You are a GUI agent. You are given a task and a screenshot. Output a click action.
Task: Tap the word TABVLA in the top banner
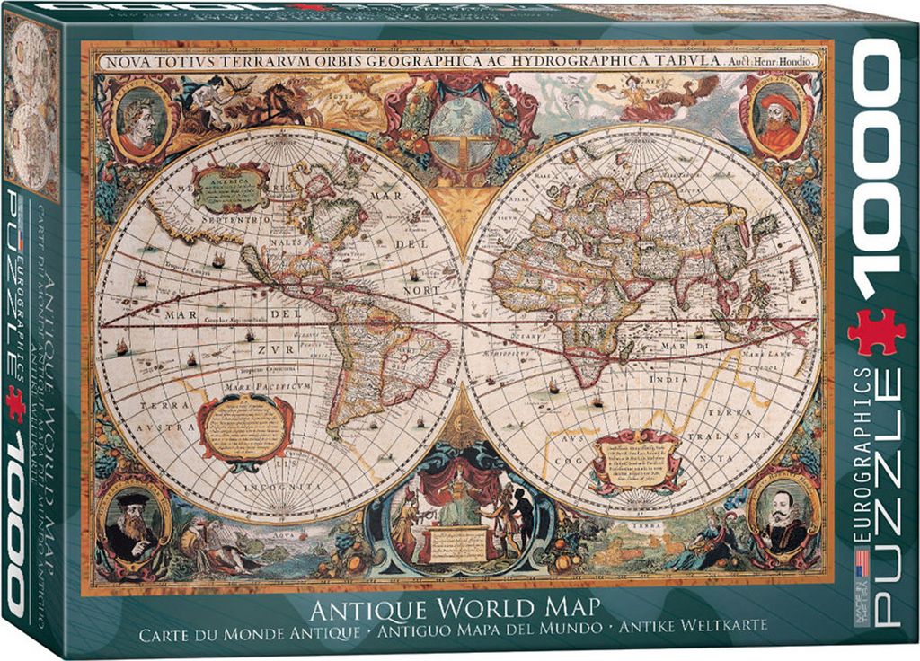click(688, 61)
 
